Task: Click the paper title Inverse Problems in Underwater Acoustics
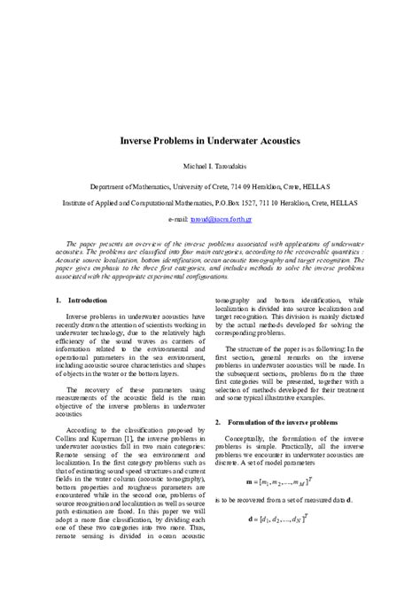209,141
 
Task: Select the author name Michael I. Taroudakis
209,167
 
